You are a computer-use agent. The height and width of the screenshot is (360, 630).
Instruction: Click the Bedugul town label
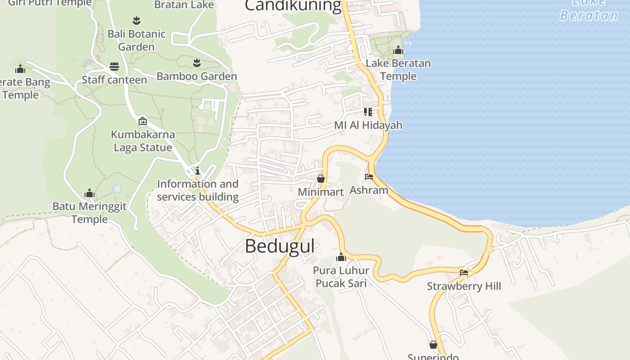pyautogui.click(x=279, y=247)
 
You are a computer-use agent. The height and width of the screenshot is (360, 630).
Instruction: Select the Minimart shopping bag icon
pyautogui.click(x=321, y=179)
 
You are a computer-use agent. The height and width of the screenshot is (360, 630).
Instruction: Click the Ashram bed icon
pyautogui.click(x=369, y=177)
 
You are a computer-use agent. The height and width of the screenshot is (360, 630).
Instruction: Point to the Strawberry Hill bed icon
pyautogui.click(x=464, y=273)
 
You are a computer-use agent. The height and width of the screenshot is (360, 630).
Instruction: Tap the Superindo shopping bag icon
pyautogui.click(x=433, y=345)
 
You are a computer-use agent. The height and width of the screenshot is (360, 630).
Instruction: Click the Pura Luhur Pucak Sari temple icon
pyautogui.click(x=341, y=257)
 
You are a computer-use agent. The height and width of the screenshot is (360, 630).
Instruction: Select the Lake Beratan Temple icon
pyautogui.click(x=398, y=50)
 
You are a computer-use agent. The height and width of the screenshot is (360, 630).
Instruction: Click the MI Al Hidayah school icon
pyautogui.click(x=368, y=112)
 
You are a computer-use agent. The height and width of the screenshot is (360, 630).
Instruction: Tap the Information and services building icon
pyautogui.click(x=197, y=171)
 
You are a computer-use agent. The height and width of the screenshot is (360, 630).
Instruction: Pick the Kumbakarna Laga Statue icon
pyautogui.click(x=143, y=121)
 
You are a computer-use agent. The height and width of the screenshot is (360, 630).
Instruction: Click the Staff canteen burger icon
pyautogui.click(x=114, y=67)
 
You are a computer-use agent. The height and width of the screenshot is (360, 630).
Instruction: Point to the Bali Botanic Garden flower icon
pyautogui.click(x=136, y=20)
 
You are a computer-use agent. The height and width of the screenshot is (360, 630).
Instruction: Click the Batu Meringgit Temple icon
pyautogui.click(x=90, y=193)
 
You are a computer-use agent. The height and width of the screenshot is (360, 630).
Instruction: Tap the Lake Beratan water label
pyautogui.click(x=589, y=10)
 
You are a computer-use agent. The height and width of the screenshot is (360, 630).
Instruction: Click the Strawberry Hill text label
pyautogui.click(x=464, y=286)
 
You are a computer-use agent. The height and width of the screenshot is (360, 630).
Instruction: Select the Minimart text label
pyautogui.click(x=321, y=192)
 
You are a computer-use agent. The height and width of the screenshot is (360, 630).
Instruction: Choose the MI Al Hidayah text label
pyautogui.click(x=368, y=125)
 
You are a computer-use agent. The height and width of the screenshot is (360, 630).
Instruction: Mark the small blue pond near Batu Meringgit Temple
pyautogui.click(x=117, y=189)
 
